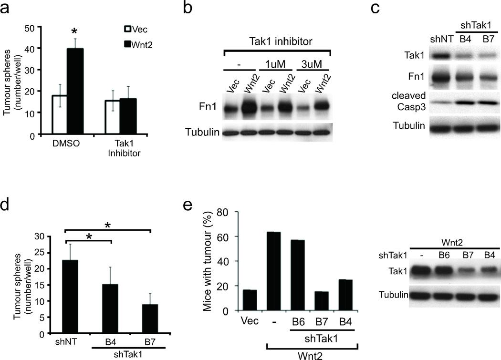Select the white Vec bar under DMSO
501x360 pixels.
(x=59, y=115)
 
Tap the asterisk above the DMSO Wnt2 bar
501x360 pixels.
(x=74, y=31)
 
